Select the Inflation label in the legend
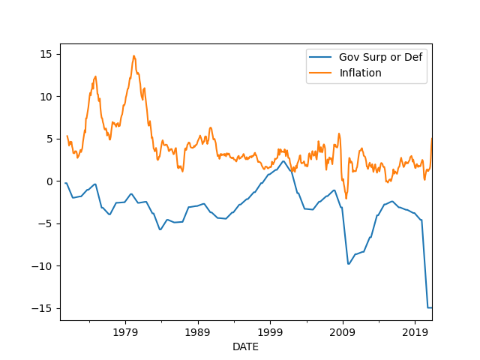[360, 73]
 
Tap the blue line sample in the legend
[321, 57]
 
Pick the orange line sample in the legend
[321, 73]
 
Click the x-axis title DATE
[246, 346]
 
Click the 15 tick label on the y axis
[46, 54]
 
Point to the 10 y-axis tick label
[46, 97]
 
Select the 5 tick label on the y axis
[49, 139]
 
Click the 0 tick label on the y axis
[49, 181]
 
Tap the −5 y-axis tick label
[46, 223]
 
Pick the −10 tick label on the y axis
[43, 266]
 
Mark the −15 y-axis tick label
[43, 308]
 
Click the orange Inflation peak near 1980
[134, 55]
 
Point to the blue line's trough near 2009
[349, 264]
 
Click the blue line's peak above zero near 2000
[283, 161]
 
